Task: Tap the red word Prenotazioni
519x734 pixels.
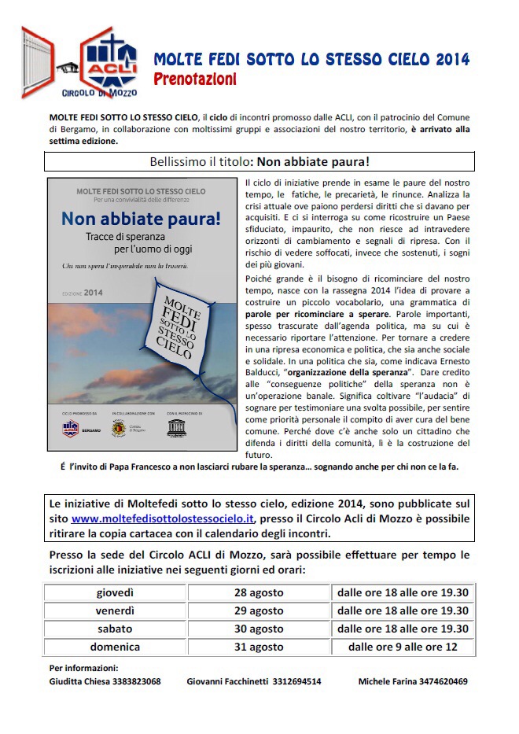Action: tap(195, 79)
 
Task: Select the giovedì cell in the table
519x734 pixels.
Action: tap(115, 592)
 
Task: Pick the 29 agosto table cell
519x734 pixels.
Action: tap(259, 610)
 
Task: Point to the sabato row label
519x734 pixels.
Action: tap(115, 629)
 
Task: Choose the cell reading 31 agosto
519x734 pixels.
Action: tap(259, 647)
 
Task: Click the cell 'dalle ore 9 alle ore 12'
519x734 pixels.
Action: tap(403, 647)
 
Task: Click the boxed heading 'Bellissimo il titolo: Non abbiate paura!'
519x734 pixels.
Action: tap(259, 162)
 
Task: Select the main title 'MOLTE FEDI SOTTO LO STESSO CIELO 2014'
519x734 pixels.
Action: tap(311, 60)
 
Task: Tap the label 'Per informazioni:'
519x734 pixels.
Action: tap(83, 668)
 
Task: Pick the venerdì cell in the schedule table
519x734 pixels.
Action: tap(115, 610)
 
